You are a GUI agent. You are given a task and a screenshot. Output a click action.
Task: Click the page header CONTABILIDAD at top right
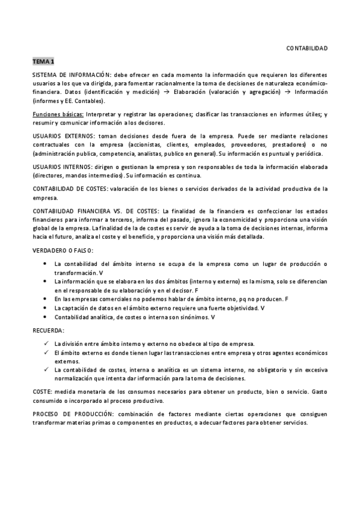(307, 48)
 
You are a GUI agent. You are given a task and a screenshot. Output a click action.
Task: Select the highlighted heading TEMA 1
(44, 61)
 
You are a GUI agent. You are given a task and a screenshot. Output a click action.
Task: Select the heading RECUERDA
(49, 331)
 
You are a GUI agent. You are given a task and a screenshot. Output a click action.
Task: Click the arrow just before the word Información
(287, 92)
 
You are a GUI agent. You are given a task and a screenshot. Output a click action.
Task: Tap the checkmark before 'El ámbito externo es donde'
(46, 352)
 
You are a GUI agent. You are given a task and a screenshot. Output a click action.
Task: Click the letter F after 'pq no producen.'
(287, 299)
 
